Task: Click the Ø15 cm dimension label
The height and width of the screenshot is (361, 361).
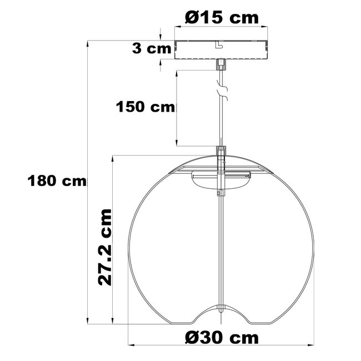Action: point(222,18)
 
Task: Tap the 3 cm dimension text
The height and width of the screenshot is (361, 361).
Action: point(152,48)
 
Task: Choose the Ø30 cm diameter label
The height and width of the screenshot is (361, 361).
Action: point(222,337)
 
